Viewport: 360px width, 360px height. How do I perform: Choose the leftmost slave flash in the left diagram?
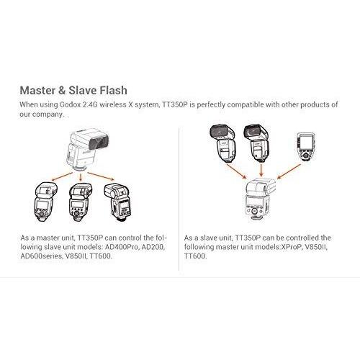[47, 204]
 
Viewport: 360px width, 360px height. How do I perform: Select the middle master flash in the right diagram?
[257, 144]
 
